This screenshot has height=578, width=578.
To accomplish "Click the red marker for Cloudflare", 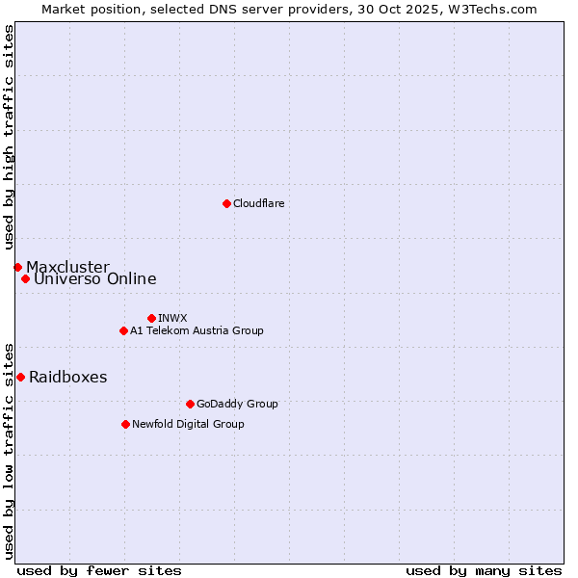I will (x=226, y=203).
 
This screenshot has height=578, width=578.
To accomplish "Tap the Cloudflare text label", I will (x=258, y=203).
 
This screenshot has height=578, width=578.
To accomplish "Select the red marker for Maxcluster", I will (x=17, y=267).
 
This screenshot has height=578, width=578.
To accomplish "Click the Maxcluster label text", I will (x=67, y=267).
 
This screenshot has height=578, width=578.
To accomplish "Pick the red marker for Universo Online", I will (x=25, y=279).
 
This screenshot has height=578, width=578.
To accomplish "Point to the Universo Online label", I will (x=94, y=279).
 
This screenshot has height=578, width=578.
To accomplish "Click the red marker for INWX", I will (x=151, y=318).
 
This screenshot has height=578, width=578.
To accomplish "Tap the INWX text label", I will (x=172, y=318).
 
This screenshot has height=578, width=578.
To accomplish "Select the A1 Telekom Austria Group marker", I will (x=123, y=330).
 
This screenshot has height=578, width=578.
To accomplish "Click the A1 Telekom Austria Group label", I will (x=197, y=330).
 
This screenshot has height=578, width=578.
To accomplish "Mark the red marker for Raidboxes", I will (x=20, y=377).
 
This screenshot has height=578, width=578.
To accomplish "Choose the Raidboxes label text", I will (x=67, y=377).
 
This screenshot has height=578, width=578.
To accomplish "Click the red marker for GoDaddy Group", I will (x=190, y=404).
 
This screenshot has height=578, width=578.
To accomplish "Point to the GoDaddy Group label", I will (x=237, y=404).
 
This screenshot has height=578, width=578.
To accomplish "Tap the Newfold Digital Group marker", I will (x=125, y=424).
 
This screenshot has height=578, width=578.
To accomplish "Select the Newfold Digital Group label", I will (x=188, y=424).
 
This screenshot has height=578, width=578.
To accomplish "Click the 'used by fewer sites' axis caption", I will (x=99, y=570).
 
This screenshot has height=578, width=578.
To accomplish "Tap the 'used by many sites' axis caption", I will (x=484, y=570).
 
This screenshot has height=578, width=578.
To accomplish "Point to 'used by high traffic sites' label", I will (x=9, y=137).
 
